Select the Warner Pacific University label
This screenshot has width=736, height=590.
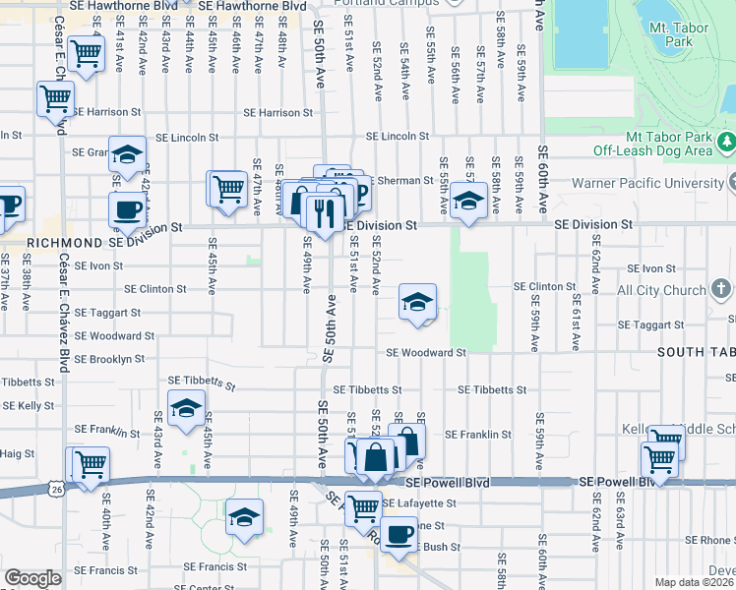657,183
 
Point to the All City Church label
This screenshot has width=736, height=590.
660,291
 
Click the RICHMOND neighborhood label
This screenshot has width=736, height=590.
65,242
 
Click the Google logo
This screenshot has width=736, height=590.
32,578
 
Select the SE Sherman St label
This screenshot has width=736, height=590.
401,181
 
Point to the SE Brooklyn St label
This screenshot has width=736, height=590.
110,360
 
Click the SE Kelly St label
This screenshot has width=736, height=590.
29,405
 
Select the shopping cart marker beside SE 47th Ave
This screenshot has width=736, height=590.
228,187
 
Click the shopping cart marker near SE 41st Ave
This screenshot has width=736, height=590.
87,53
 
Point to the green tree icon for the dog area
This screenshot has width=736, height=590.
726,144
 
